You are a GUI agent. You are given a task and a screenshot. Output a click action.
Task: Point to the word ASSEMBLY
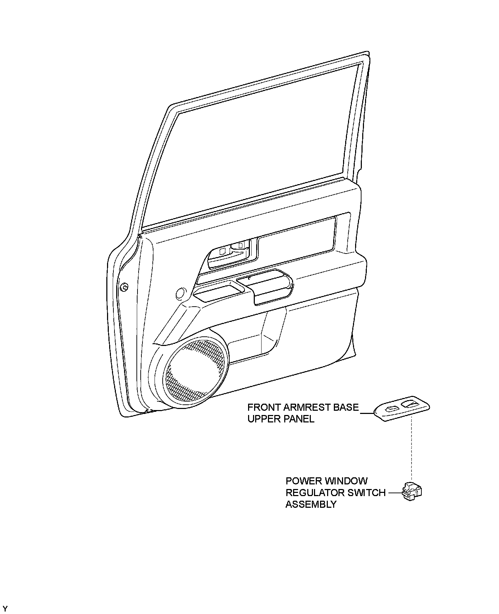[311, 504]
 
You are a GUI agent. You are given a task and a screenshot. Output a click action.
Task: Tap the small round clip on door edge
[124, 287]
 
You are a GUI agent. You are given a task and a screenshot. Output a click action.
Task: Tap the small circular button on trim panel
[180, 293]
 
